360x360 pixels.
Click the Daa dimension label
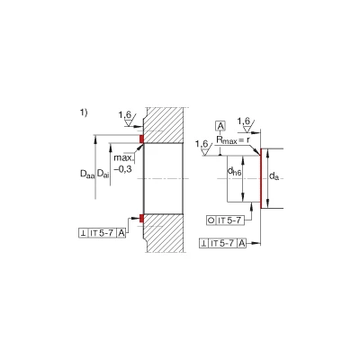[x=87, y=174]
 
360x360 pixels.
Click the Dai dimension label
[x=103, y=174]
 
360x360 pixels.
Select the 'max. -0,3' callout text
[x=123, y=164]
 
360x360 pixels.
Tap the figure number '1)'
[x=84, y=112]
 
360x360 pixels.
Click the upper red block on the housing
[x=141, y=139]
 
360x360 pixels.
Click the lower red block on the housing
[x=141, y=219]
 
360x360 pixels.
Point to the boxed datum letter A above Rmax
[x=220, y=126]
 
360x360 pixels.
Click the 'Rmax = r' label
[x=233, y=139]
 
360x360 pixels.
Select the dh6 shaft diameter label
[x=234, y=171]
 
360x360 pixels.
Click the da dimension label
[x=274, y=175]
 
